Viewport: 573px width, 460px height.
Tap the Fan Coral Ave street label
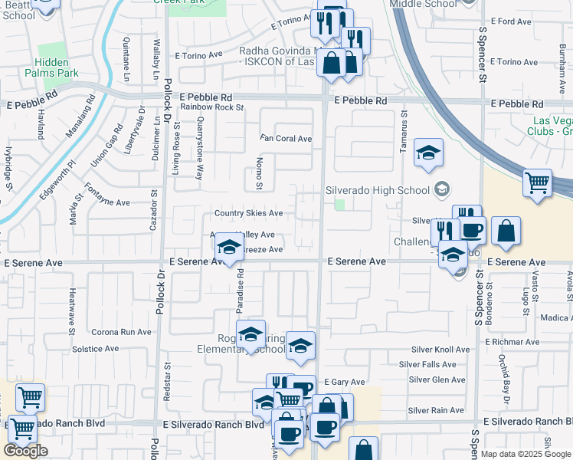pyautogui.click(x=286, y=139)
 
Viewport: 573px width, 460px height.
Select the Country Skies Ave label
pyautogui.click(x=248, y=213)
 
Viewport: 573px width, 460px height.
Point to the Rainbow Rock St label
pyautogui.click(x=212, y=108)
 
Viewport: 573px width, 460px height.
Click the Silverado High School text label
pyautogui.click(x=376, y=189)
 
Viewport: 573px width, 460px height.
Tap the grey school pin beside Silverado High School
pyautogui.click(x=441, y=189)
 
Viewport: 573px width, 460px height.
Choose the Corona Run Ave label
pyautogui.click(x=122, y=332)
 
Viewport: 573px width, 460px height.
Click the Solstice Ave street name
pyautogui.click(x=95, y=349)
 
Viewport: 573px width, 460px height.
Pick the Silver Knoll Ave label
pyautogui.click(x=439, y=349)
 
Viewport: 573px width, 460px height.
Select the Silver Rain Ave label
pyautogui.click(x=437, y=410)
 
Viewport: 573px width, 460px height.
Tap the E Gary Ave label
pyautogui.click(x=344, y=381)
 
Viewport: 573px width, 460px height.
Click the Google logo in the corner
pyautogui.click(x=25, y=451)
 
